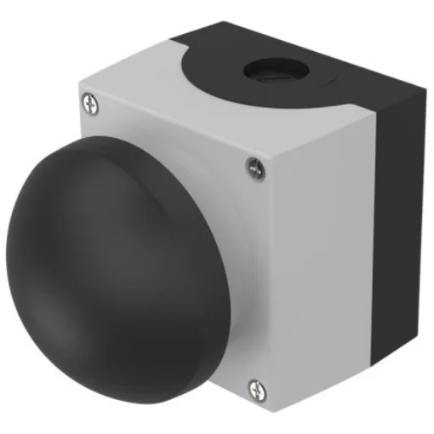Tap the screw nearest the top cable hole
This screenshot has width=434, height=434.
tap(254, 168)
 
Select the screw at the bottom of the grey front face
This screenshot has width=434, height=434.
tap(255, 389)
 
